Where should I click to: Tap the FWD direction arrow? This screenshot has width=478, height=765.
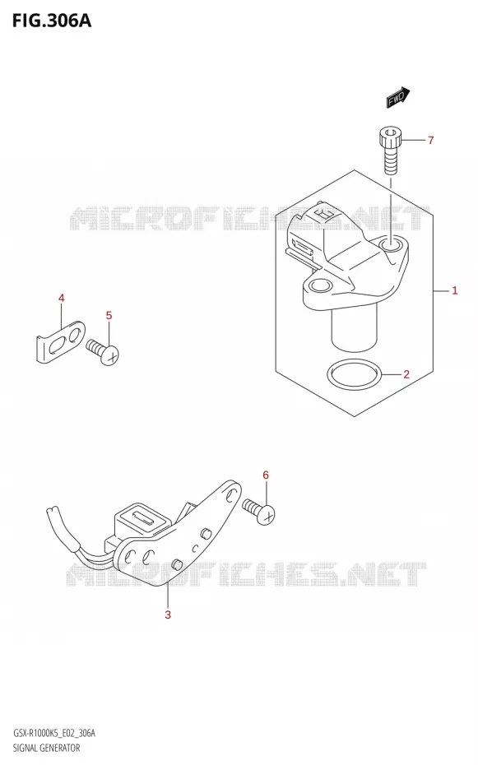398,97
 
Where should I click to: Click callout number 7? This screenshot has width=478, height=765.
430,141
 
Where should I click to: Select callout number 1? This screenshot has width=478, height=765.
455,290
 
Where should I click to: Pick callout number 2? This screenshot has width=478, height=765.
406,375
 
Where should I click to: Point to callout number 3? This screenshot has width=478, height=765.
168,614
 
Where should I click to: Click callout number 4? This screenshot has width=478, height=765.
61,298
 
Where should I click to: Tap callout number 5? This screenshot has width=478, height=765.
109,315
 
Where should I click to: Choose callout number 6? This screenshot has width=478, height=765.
266,475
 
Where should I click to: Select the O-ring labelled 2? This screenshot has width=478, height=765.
355,376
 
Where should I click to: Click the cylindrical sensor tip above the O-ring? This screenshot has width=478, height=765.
355,329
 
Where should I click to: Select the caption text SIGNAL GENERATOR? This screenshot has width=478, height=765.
46,748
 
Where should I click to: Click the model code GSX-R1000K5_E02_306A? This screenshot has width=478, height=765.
54,733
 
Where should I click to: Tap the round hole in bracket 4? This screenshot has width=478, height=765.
75,336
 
